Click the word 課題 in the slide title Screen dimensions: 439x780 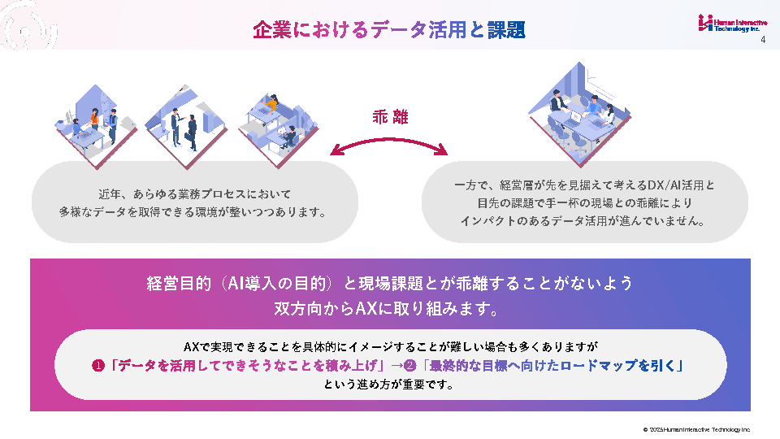(x=506, y=30)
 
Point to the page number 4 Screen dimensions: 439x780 (x=763, y=41)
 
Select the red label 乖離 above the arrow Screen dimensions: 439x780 (x=389, y=116)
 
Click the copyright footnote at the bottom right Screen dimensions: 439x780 (x=696, y=429)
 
